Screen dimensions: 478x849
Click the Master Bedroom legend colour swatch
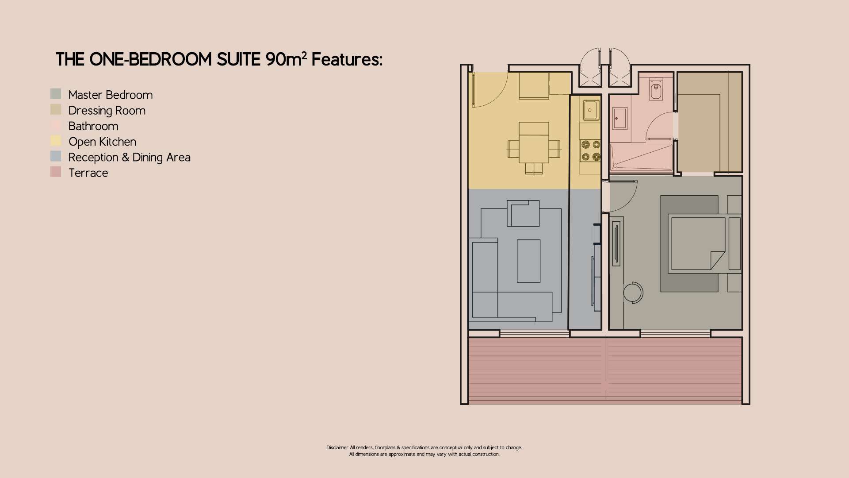(x=56, y=94)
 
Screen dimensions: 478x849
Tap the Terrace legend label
(x=88, y=173)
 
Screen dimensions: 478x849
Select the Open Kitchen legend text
(x=102, y=142)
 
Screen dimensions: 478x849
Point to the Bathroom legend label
(x=93, y=126)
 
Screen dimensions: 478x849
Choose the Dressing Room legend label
(x=107, y=111)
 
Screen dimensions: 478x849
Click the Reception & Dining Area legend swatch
(x=56, y=156)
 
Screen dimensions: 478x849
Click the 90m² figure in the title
(x=286, y=59)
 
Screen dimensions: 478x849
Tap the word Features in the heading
(x=346, y=59)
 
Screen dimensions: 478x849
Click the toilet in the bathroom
(x=656, y=90)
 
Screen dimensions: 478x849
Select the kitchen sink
(x=591, y=110)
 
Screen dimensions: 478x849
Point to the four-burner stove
(x=591, y=150)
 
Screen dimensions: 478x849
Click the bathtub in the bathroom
(x=641, y=157)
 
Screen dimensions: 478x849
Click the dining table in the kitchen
(x=534, y=149)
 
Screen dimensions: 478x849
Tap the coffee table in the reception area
(x=528, y=261)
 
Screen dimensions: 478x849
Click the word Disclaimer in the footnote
(x=337, y=447)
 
